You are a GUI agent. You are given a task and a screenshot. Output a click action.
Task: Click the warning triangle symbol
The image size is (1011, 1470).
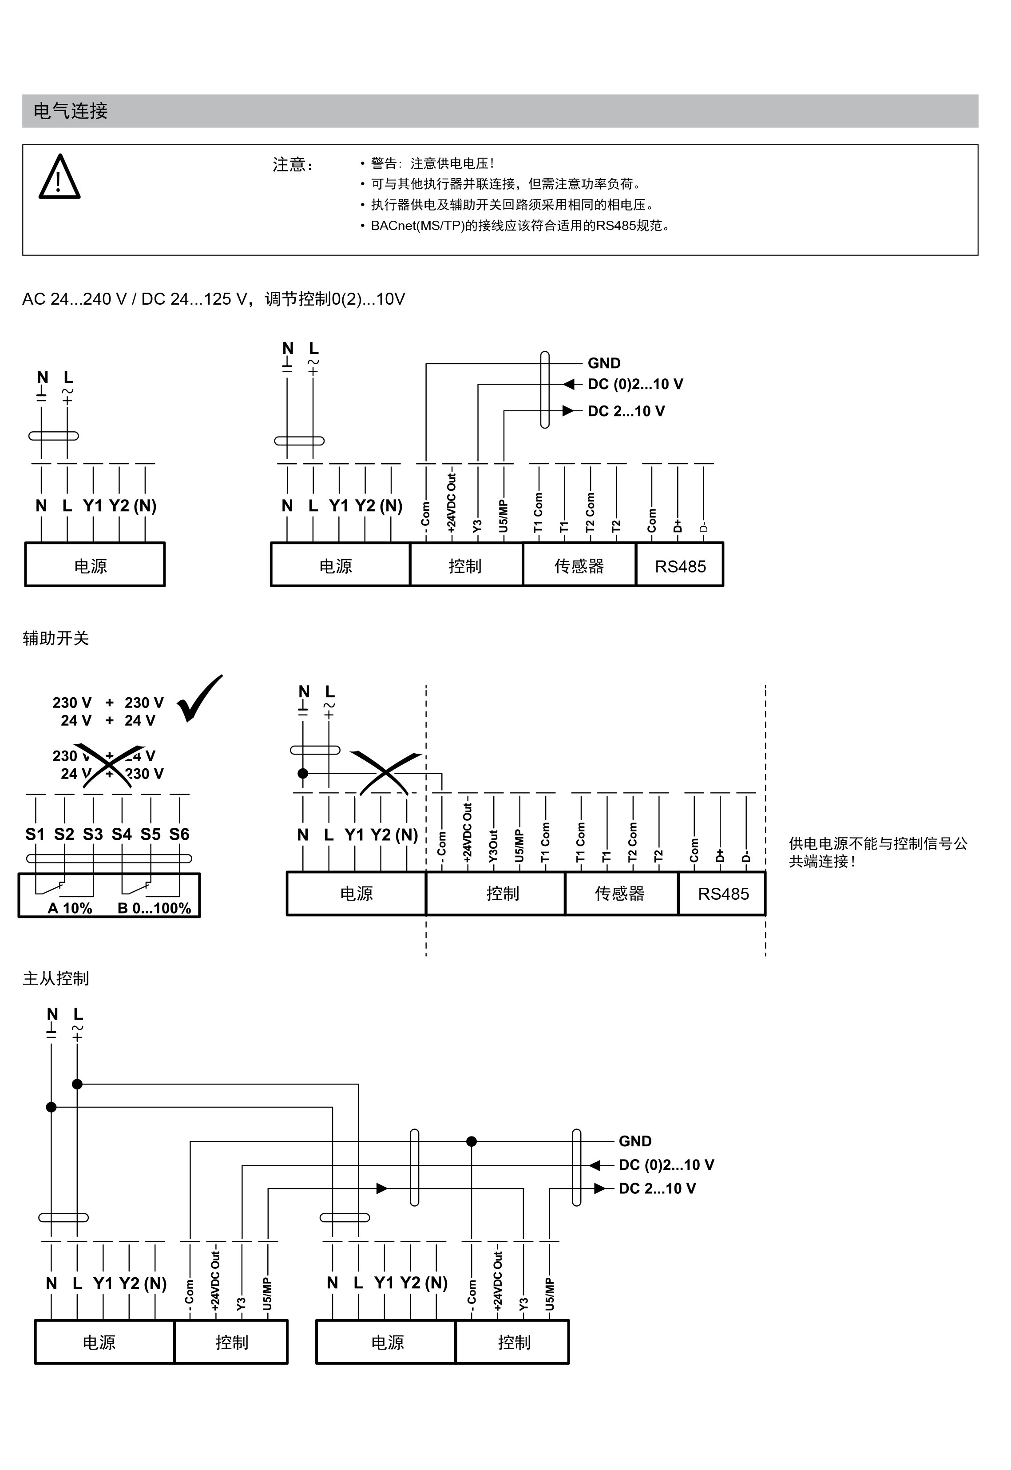(59, 178)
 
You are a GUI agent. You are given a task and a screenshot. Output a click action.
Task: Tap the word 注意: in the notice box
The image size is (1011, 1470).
(293, 165)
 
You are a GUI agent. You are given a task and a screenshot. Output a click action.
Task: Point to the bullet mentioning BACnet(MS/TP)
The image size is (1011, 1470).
(519, 226)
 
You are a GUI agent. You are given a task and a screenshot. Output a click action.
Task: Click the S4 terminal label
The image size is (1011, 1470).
(122, 834)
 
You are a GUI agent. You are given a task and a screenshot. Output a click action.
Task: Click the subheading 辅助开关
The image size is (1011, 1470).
(56, 638)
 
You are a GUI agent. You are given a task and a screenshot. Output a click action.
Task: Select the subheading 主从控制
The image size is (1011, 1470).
(56, 979)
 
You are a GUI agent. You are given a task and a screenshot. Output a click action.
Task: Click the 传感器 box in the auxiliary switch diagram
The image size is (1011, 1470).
(619, 894)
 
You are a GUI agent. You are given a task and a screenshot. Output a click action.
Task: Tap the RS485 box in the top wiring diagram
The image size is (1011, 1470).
(680, 566)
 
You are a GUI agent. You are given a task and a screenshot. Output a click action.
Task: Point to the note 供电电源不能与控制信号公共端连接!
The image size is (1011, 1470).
(877, 852)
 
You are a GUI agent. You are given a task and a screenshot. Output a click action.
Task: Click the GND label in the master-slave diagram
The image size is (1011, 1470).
(635, 1141)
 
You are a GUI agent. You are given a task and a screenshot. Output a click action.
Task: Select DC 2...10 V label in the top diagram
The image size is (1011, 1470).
(626, 411)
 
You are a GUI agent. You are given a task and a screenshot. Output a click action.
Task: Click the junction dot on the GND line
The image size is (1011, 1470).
(471, 1142)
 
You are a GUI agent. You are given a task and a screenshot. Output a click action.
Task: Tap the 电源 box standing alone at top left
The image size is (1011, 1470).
(95, 565)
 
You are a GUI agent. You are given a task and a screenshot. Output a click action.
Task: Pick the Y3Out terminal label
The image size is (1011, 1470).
(493, 846)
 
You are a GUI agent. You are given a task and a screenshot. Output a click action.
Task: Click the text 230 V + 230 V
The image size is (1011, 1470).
(108, 703)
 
